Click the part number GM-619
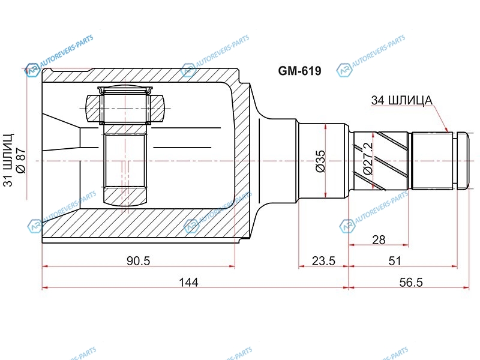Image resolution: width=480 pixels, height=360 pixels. pyautogui.click(x=299, y=71)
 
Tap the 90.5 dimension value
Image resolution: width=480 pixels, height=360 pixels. pyautogui.click(x=139, y=261)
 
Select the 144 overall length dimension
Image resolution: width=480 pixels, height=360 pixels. pyautogui.click(x=188, y=282)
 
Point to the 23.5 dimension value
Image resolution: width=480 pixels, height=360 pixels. pyautogui.click(x=323, y=261)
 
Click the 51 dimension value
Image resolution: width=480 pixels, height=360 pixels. pyautogui.click(x=395, y=261)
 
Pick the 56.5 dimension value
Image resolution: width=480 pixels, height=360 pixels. pyautogui.click(x=411, y=282)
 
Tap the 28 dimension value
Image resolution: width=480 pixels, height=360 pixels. pyautogui.click(x=379, y=239)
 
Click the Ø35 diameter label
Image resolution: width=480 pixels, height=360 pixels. pyautogui.click(x=320, y=161)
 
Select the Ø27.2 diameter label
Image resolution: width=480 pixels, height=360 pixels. pyautogui.click(x=367, y=158)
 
